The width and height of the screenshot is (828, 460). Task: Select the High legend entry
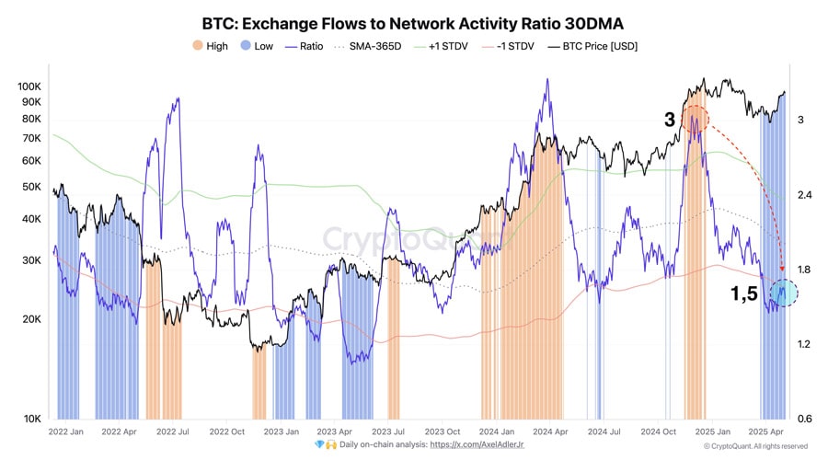(210, 46)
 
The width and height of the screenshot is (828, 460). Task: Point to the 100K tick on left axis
(29, 86)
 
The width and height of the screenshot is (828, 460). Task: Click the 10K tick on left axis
(32, 419)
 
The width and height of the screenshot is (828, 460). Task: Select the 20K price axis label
(32, 319)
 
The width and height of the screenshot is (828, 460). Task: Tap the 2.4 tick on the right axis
(805, 195)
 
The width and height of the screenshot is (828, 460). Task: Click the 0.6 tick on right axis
(805, 419)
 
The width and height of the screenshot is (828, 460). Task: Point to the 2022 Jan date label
(67, 431)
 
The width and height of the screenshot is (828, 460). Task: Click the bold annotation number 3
(671, 120)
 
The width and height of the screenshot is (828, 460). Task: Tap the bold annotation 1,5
(744, 294)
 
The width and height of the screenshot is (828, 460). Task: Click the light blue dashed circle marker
(783, 293)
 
